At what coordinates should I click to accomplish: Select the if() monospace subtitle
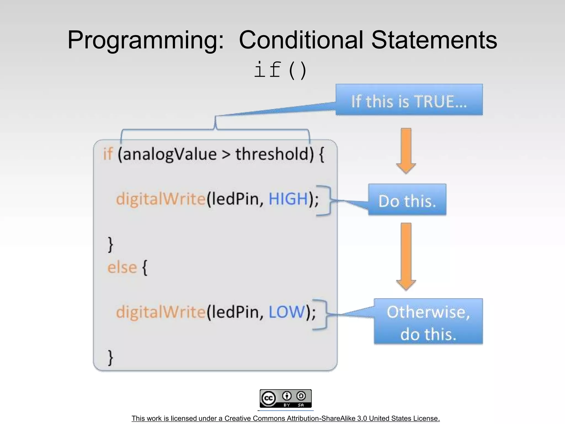point(280,70)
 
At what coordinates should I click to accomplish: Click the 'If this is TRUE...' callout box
point(409,100)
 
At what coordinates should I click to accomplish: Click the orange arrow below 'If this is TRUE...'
point(406,150)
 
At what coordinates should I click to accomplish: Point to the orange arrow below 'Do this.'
point(406,256)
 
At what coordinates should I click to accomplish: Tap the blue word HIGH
point(288,199)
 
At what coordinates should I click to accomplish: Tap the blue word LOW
point(286,312)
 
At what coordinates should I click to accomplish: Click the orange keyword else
point(122,267)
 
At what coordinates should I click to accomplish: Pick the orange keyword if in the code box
point(108,154)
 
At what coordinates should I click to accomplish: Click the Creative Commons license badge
point(286,398)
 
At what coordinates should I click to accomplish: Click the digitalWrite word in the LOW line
point(161,312)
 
